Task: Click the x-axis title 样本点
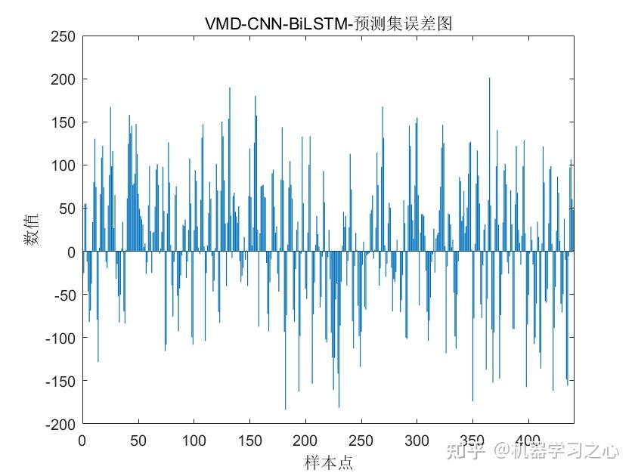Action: click(328, 462)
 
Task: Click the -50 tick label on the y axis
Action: click(63, 295)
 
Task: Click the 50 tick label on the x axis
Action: click(138, 440)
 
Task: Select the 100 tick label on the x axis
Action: click(194, 440)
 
